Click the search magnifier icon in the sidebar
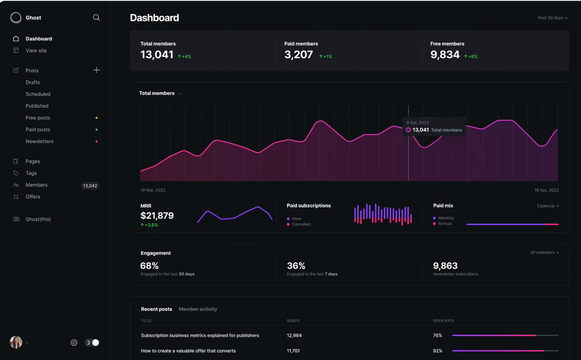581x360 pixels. [x=96, y=18]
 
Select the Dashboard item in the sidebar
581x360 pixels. [x=39, y=39]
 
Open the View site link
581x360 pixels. [x=36, y=51]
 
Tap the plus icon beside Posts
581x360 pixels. [x=96, y=70]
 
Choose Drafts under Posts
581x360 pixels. [x=33, y=82]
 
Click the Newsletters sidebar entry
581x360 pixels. [x=39, y=142]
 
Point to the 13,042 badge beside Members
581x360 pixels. [x=90, y=186]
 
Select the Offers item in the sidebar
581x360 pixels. [x=33, y=197]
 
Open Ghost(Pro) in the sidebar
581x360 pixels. [x=38, y=219]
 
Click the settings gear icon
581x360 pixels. [x=74, y=342]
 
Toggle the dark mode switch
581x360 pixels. [x=92, y=342]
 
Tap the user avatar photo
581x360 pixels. [x=16, y=342]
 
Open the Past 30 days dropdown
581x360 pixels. [x=553, y=18]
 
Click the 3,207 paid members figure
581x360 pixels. [x=298, y=55]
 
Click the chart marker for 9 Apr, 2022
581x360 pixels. [x=409, y=130]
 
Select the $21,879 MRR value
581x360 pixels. [x=157, y=215]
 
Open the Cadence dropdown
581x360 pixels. [x=548, y=206]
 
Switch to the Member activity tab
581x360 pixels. [x=198, y=309]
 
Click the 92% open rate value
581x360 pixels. [x=438, y=351]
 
